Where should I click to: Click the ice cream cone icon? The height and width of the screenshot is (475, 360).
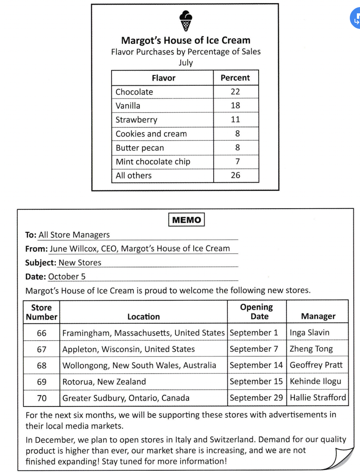click(x=185, y=21)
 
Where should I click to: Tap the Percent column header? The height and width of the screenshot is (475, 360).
click(x=235, y=78)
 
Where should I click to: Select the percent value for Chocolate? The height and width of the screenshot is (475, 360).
click(x=235, y=92)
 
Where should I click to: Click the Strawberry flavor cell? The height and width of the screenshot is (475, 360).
click(x=136, y=120)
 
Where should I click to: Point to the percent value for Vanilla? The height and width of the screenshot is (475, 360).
click(x=235, y=106)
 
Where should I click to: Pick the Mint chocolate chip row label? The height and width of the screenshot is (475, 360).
click(x=153, y=162)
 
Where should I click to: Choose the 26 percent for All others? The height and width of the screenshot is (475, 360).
click(x=235, y=175)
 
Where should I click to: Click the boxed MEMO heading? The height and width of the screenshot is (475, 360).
click(x=187, y=220)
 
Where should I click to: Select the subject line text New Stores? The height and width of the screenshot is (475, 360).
click(x=80, y=263)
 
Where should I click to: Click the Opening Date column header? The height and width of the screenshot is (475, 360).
click(x=257, y=311)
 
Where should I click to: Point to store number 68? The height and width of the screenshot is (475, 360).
click(x=41, y=365)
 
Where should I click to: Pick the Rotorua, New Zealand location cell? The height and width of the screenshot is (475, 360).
click(x=104, y=382)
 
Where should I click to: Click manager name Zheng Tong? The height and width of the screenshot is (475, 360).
click(x=311, y=349)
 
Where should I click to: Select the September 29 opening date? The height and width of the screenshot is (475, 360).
click(x=256, y=398)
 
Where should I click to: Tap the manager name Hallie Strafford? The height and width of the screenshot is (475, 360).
click(x=318, y=398)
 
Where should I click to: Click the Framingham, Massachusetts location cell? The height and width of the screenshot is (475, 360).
click(x=143, y=333)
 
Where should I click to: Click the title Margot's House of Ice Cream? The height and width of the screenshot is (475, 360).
click(x=185, y=40)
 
